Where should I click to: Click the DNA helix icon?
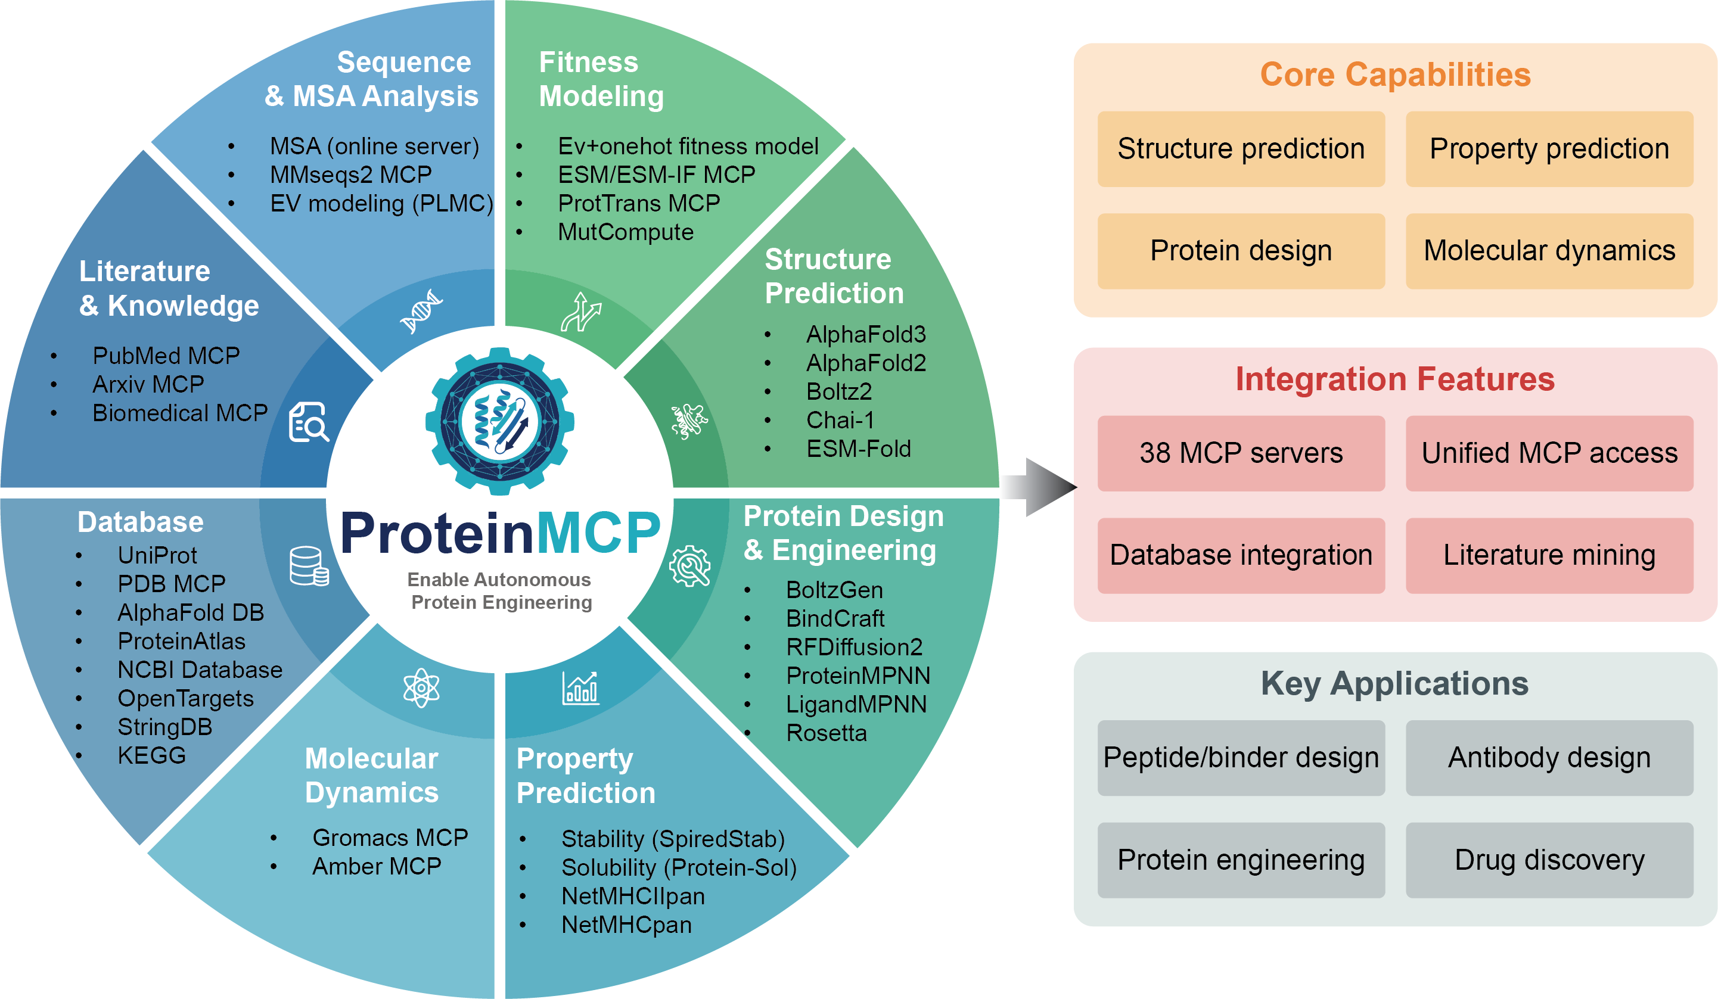click(x=421, y=312)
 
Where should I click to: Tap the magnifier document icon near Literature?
click(x=308, y=422)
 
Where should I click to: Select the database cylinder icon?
click(x=308, y=565)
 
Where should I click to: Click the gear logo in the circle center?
click(x=500, y=421)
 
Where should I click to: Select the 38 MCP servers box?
click(x=1240, y=453)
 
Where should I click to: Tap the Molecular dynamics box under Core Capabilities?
click(x=1548, y=251)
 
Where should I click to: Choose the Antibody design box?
click(x=1548, y=757)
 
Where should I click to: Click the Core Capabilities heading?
click(x=1394, y=74)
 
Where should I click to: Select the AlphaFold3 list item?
click(x=865, y=335)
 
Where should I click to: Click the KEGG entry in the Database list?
click(x=151, y=755)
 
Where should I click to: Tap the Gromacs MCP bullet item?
click(x=389, y=837)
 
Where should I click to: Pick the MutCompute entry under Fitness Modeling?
click(x=625, y=232)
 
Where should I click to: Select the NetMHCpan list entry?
click(x=626, y=925)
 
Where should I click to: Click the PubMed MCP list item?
click(x=166, y=355)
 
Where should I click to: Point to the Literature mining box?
click(x=1548, y=555)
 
